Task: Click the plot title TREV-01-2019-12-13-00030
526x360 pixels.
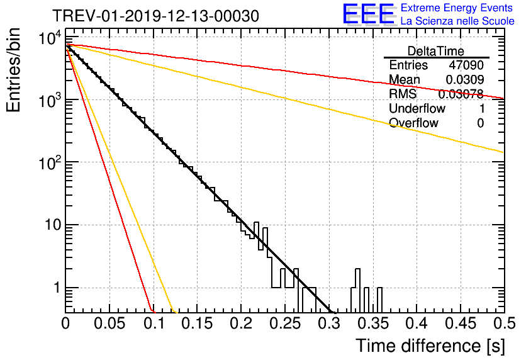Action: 155,16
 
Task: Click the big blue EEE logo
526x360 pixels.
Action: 369,14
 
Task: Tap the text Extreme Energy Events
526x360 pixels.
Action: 457,8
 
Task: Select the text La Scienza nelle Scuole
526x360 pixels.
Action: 457,21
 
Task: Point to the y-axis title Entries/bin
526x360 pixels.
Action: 13,70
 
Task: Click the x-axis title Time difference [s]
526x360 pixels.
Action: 430,346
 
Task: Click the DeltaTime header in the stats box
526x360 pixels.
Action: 436,51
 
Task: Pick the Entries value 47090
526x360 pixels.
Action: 466,65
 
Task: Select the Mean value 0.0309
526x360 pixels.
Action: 464,79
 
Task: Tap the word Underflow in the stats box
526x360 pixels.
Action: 417,108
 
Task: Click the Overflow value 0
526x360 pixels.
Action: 480,123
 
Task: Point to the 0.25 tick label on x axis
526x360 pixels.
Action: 285,323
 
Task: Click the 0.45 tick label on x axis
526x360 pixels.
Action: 461,323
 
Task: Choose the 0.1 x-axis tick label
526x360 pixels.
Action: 154,323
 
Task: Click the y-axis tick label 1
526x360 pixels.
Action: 58,288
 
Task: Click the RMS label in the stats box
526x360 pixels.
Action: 403,94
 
